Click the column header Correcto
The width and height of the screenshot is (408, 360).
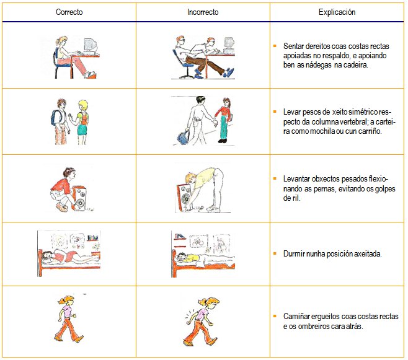click(69, 12)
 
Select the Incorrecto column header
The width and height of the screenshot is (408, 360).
click(203, 12)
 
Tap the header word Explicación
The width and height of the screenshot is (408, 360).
click(337, 12)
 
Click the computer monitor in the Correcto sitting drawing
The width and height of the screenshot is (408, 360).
click(91, 46)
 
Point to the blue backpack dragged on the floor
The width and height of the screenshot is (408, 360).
click(183, 136)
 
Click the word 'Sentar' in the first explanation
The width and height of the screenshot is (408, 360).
click(293, 46)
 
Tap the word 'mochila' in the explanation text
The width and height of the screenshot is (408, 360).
click(322, 131)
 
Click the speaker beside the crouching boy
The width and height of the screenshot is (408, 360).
click(79, 198)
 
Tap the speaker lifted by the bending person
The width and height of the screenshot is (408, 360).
click(185, 197)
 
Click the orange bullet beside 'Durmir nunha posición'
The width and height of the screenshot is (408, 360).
click(275, 253)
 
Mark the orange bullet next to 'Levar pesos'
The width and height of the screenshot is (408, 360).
click(275, 112)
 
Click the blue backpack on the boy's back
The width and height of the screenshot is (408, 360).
click(56, 118)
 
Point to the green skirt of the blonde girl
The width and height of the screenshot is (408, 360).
click(82, 130)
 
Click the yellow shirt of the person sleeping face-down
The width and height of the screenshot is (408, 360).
click(192, 258)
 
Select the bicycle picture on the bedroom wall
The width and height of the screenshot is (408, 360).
click(198, 242)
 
